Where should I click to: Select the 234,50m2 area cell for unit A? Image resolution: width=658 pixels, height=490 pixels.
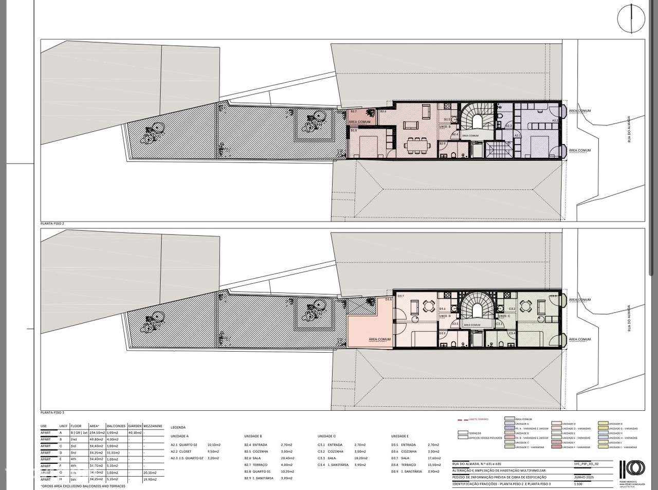coord(97,433)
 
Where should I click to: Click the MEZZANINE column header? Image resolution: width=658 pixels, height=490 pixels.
coord(153,426)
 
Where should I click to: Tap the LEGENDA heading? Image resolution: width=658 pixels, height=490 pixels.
coord(178,427)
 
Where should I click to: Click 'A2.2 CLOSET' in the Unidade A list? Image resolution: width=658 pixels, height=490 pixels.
coord(181,451)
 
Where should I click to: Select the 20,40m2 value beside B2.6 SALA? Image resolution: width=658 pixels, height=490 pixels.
coord(287,458)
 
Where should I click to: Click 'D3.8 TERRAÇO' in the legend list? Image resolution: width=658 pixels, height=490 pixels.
coord(403,464)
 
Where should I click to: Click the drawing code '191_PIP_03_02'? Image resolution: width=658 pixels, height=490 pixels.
coord(587,463)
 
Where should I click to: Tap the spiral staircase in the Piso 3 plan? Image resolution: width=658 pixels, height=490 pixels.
coord(472,309)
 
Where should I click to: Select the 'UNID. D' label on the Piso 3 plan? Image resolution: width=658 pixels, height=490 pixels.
coord(446,316)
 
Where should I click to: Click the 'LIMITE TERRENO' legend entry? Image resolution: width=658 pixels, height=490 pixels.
coord(473,420)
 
